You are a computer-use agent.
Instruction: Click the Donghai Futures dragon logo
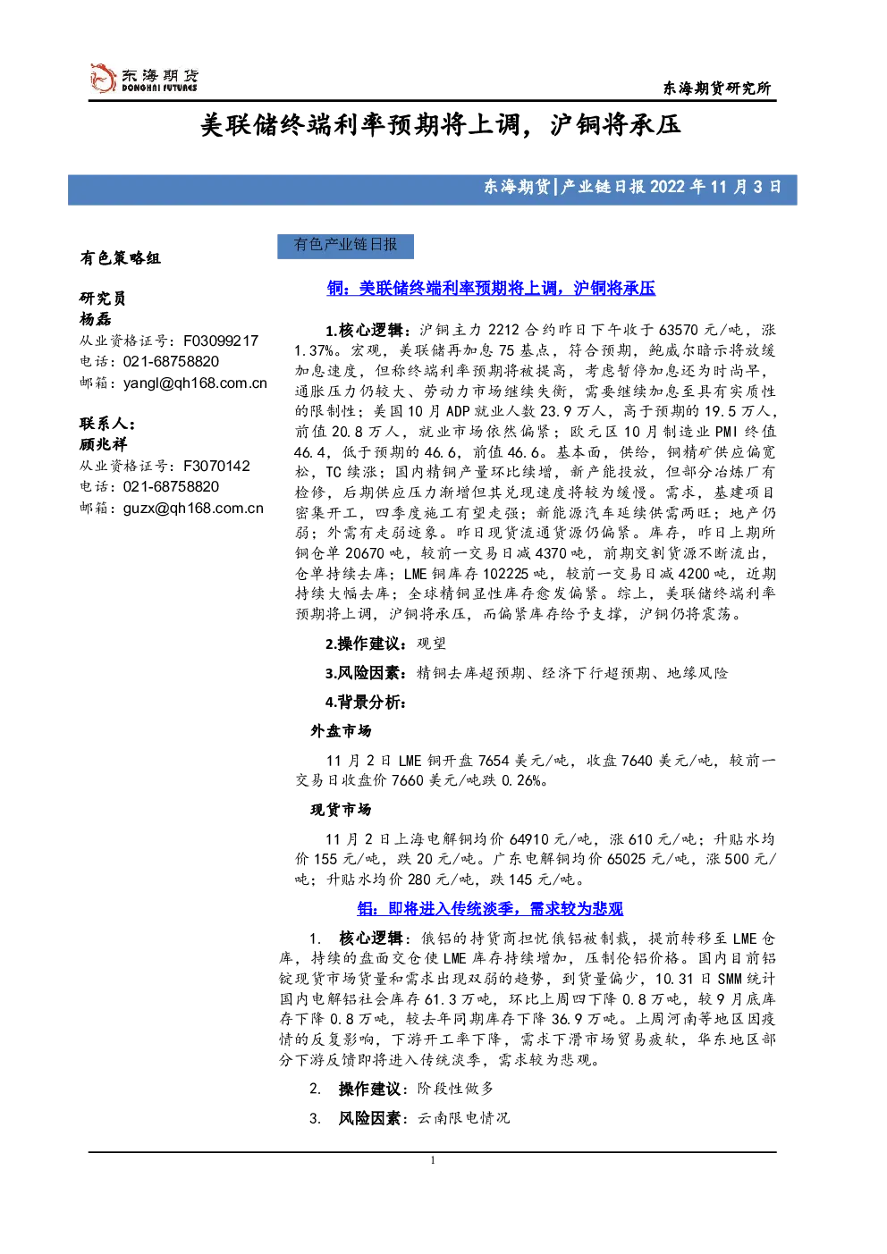click(x=103, y=79)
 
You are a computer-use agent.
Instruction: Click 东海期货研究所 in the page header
click(x=716, y=88)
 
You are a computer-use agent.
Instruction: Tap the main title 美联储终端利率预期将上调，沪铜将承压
click(x=441, y=125)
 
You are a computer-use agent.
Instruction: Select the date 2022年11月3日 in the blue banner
click(x=715, y=187)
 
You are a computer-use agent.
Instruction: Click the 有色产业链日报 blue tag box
click(x=345, y=247)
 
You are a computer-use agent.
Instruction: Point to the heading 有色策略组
click(x=121, y=258)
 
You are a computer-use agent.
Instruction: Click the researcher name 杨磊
click(x=96, y=319)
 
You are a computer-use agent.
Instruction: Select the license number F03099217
click(x=221, y=341)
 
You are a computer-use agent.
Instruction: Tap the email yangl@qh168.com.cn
click(x=195, y=383)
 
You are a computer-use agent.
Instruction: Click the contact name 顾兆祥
click(x=104, y=444)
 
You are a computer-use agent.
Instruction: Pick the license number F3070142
click(x=216, y=466)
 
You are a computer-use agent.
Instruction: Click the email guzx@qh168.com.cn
click(x=193, y=509)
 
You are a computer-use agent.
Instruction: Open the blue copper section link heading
click(x=491, y=289)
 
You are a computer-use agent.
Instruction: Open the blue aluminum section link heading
click(x=490, y=909)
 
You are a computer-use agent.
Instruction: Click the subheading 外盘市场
click(x=341, y=730)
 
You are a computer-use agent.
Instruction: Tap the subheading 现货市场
click(x=341, y=810)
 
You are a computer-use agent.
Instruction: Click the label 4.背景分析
click(x=366, y=702)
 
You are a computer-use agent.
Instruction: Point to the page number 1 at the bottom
click(x=432, y=1160)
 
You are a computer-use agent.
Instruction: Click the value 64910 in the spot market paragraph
click(x=529, y=839)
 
